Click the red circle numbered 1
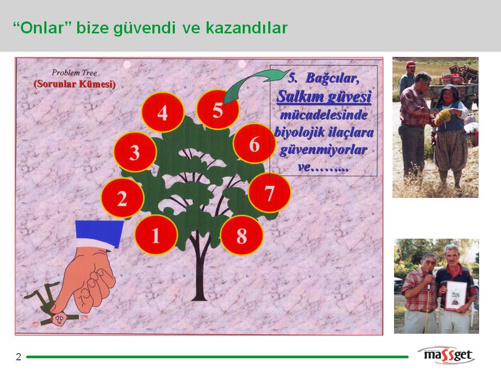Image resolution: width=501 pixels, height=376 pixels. [156, 235]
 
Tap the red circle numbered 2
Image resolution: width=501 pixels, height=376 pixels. [122, 198]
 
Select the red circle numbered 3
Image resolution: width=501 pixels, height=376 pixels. [135, 152]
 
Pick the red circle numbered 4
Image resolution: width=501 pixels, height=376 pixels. [163, 112]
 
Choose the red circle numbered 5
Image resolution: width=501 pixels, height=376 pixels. [218, 110]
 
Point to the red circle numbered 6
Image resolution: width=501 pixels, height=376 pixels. [254, 144]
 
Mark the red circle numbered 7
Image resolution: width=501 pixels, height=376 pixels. [269, 193]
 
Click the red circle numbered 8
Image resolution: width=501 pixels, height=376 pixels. [242, 236]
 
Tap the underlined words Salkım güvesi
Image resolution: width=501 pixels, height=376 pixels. [324, 97]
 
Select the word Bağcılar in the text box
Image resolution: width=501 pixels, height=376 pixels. [332, 78]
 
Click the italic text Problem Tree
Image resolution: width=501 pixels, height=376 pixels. [74, 73]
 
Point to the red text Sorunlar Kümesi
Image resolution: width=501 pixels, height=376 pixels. [75, 84]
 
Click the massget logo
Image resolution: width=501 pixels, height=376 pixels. [447, 355]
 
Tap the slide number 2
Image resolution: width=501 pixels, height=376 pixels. [19, 357]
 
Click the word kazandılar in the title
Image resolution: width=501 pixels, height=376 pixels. [246, 28]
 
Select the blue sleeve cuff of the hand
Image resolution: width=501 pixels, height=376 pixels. [99, 233]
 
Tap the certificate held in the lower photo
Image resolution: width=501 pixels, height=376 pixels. [456, 296]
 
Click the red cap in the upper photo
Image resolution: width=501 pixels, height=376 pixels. [411, 64]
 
